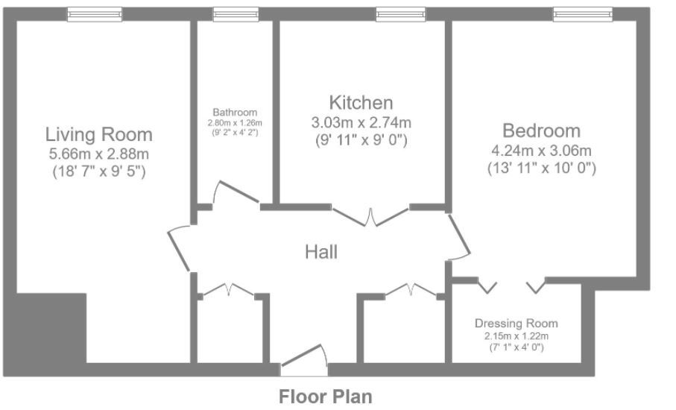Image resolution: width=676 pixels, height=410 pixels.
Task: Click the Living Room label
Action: tap(98, 135)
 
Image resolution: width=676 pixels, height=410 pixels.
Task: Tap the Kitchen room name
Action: tap(361, 102)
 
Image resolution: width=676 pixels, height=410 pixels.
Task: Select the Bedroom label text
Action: tap(540, 131)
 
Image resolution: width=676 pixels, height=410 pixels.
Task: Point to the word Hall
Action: tap(321, 252)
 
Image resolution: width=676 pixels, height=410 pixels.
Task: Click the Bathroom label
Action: tap(235, 113)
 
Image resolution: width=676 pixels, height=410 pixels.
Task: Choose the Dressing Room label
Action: tap(516, 324)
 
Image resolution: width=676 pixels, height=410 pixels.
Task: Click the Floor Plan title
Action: tap(325, 395)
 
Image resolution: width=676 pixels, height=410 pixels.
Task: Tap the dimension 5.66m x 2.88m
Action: tap(98, 155)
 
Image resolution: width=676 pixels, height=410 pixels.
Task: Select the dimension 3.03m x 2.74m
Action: tap(361, 122)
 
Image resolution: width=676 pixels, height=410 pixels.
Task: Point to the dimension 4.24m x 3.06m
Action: tap(540, 151)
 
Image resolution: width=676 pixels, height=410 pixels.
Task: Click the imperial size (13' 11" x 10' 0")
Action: tap(540, 168)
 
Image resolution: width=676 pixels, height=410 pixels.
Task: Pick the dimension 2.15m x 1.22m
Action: tap(516, 336)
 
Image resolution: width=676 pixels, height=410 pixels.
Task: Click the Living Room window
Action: tap(94, 13)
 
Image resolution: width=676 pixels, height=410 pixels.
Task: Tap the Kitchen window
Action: tap(400, 13)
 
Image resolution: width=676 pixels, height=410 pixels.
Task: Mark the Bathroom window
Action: tap(235, 13)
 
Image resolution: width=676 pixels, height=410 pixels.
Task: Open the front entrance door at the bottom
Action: tap(303, 361)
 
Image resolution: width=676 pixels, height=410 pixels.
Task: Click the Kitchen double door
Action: tap(371, 215)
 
